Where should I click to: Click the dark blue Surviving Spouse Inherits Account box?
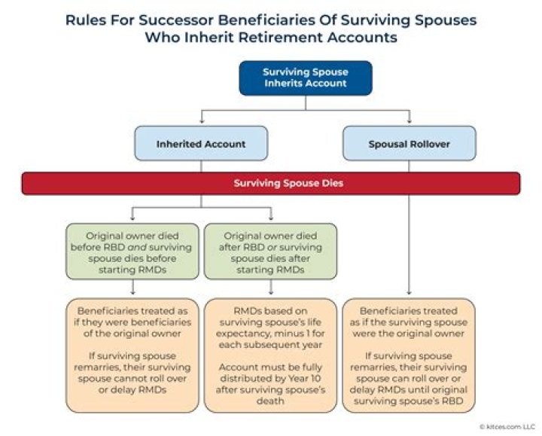click(x=306, y=78)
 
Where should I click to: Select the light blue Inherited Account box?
click(x=200, y=143)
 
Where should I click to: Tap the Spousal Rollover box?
click(x=409, y=143)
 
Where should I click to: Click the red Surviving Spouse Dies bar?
click(x=270, y=183)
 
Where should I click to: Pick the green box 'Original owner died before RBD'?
click(x=132, y=251)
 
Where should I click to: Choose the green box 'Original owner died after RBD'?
click(x=270, y=251)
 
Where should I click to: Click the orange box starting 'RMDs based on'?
click(x=270, y=354)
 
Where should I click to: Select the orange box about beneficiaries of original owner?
click(x=132, y=354)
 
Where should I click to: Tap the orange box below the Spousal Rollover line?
click(x=409, y=354)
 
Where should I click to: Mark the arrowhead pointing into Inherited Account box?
click(x=200, y=122)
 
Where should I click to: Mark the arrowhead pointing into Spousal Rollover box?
click(x=409, y=122)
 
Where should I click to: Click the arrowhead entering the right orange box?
click(x=409, y=294)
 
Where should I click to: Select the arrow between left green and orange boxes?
click(x=132, y=288)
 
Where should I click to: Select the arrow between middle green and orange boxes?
click(x=270, y=288)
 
